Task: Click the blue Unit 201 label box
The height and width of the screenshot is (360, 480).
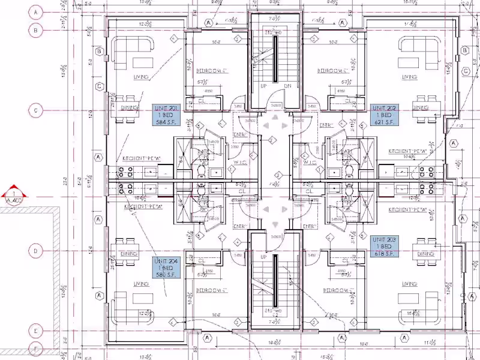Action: pyautogui.click(x=167, y=114)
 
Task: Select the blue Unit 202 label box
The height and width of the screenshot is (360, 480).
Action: pyautogui.click(x=383, y=114)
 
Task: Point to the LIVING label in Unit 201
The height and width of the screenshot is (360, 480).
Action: pyautogui.click(x=142, y=77)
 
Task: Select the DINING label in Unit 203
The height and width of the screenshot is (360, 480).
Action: pyautogui.click(x=425, y=254)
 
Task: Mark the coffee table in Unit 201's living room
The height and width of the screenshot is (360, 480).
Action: pyautogui.click(x=142, y=62)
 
